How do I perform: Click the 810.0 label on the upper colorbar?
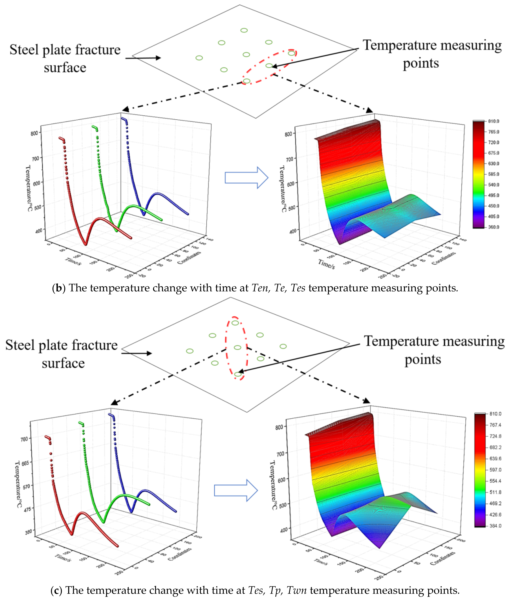point(493,121)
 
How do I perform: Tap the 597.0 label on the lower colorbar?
point(495,470)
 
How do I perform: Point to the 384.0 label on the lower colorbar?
point(495,526)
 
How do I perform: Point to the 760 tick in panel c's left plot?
point(24,439)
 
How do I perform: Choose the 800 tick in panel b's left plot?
point(34,133)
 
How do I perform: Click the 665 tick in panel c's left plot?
point(25,463)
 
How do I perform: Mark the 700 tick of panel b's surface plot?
point(289,159)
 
